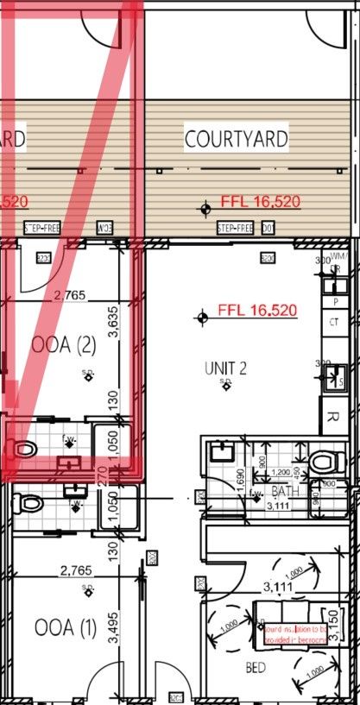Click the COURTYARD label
click(236, 138)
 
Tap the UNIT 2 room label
click(226, 368)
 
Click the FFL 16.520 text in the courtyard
click(260, 202)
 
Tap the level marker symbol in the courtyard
click(205, 208)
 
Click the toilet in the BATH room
click(326, 462)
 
